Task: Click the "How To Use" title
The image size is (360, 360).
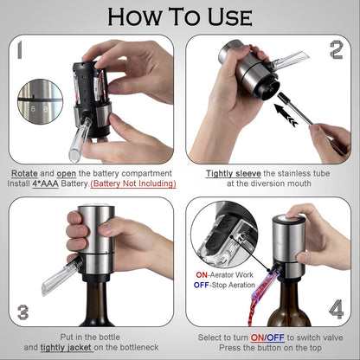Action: pos(180,16)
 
